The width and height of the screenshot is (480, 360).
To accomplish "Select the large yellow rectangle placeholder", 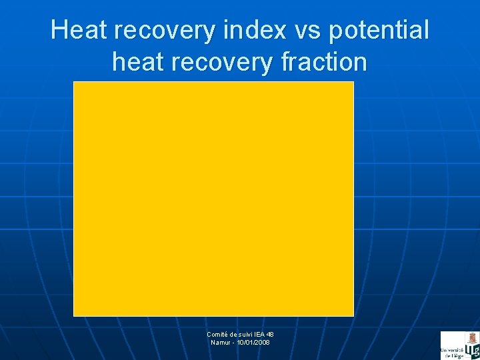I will coord(213,199).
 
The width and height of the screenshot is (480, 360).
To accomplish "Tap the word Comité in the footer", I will coord(217,335).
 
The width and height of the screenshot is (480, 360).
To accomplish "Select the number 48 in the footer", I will coord(270,335).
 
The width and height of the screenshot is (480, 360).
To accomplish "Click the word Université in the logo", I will coord(451,350).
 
